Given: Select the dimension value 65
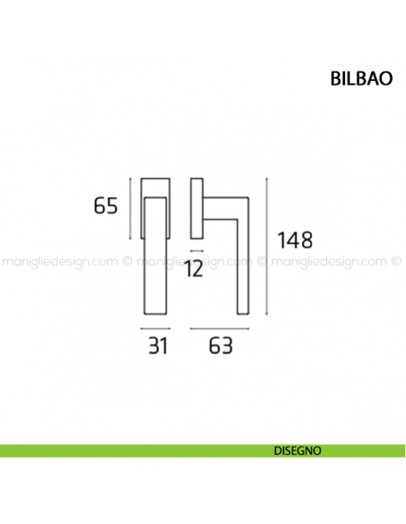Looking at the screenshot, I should pyautogui.click(x=106, y=206).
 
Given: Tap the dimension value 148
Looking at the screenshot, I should pyautogui.click(x=295, y=240).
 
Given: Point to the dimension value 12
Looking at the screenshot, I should pyautogui.click(x=194, y=268).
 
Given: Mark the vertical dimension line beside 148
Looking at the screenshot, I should pyautogui.click(x=269, y=246).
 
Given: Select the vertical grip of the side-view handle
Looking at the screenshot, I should pyautogui.click(x=243, y=260).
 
